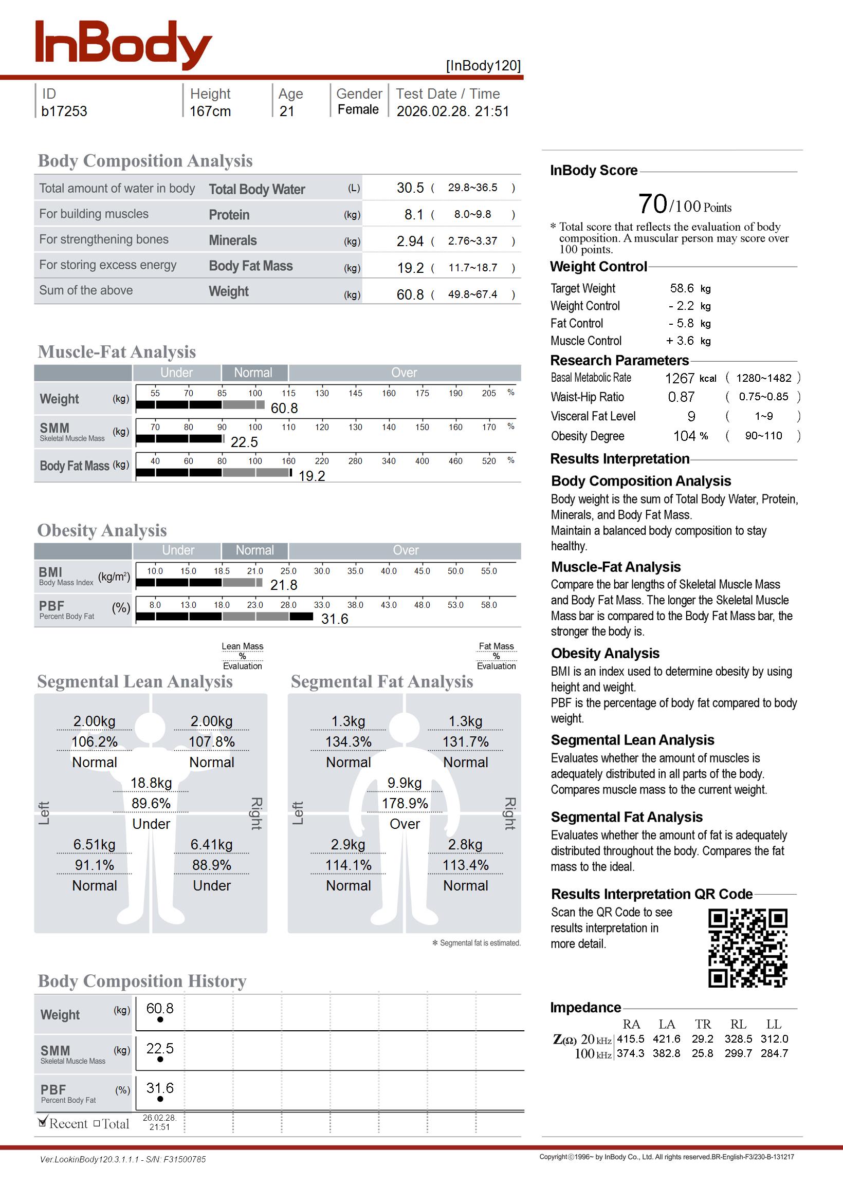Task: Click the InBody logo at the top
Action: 123,45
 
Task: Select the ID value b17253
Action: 64,112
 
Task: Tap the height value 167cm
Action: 210,112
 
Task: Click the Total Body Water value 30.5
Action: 410,188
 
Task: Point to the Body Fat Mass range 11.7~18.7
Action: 472,268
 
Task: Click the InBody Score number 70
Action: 652,204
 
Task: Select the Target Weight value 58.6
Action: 682,288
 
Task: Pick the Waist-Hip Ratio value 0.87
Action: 681,397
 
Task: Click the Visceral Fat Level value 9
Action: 691,417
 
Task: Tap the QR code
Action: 747,948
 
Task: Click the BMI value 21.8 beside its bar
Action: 283,585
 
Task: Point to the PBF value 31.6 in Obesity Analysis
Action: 334,619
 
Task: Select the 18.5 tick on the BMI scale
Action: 222,571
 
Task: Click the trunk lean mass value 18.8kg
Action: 151,783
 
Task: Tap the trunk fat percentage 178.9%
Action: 405,804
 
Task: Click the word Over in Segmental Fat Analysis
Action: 405,824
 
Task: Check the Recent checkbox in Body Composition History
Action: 43,1123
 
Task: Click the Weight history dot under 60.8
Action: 160,1019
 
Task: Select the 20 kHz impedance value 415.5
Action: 630,1039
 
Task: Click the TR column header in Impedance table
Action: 703,1025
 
